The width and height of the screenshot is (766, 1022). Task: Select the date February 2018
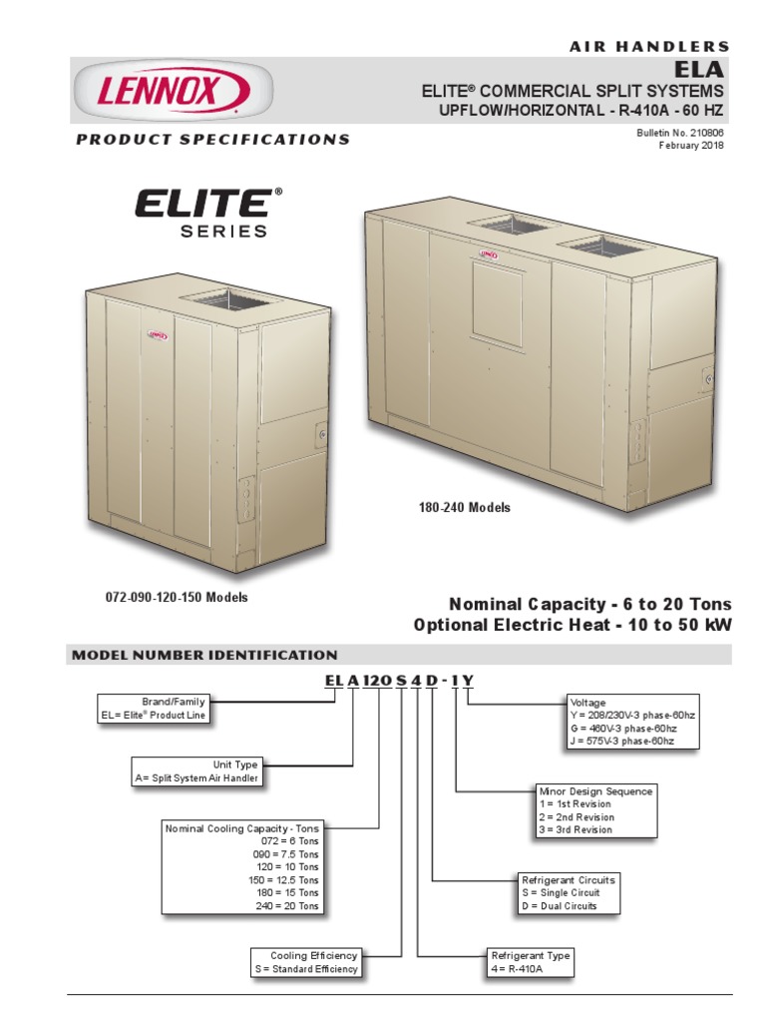coord(691,145)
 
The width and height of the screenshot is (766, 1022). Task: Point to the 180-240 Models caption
coord(464,508)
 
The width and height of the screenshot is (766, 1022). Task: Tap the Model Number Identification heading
coord(204,656)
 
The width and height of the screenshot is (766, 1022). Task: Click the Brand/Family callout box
coord(156,709)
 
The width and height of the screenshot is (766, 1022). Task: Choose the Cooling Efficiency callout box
coord(306,962)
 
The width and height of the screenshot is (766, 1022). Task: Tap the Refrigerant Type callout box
coord(531,962)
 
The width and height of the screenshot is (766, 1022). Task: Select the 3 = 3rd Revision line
coord(575,829)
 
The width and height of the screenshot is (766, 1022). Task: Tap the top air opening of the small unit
coord(225,296)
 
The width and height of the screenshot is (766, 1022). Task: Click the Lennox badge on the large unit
coord(489,255)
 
